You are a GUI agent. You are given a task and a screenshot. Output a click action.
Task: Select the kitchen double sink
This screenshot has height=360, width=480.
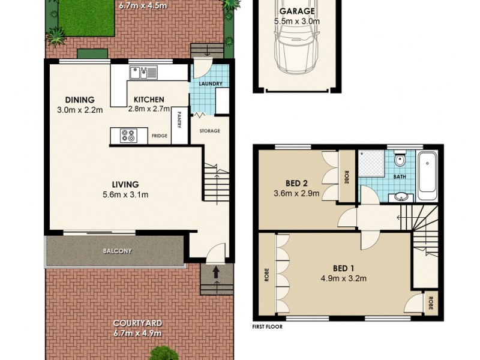(x=143, y=73)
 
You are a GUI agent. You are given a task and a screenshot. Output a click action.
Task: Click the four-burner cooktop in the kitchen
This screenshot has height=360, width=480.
(x=128, y=136)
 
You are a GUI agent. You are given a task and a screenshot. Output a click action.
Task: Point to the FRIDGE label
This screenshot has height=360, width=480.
(x=160, y=137)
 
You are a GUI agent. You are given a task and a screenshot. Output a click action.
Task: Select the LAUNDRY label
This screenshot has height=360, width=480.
(x=210, y=83)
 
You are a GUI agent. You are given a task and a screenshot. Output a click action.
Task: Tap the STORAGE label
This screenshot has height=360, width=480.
(x=209, y=131)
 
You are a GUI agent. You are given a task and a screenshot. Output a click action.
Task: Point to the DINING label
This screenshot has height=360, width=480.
(x=80, y=100)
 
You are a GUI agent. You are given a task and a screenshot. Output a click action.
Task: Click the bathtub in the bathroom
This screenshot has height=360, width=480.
(x=427, y=178)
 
